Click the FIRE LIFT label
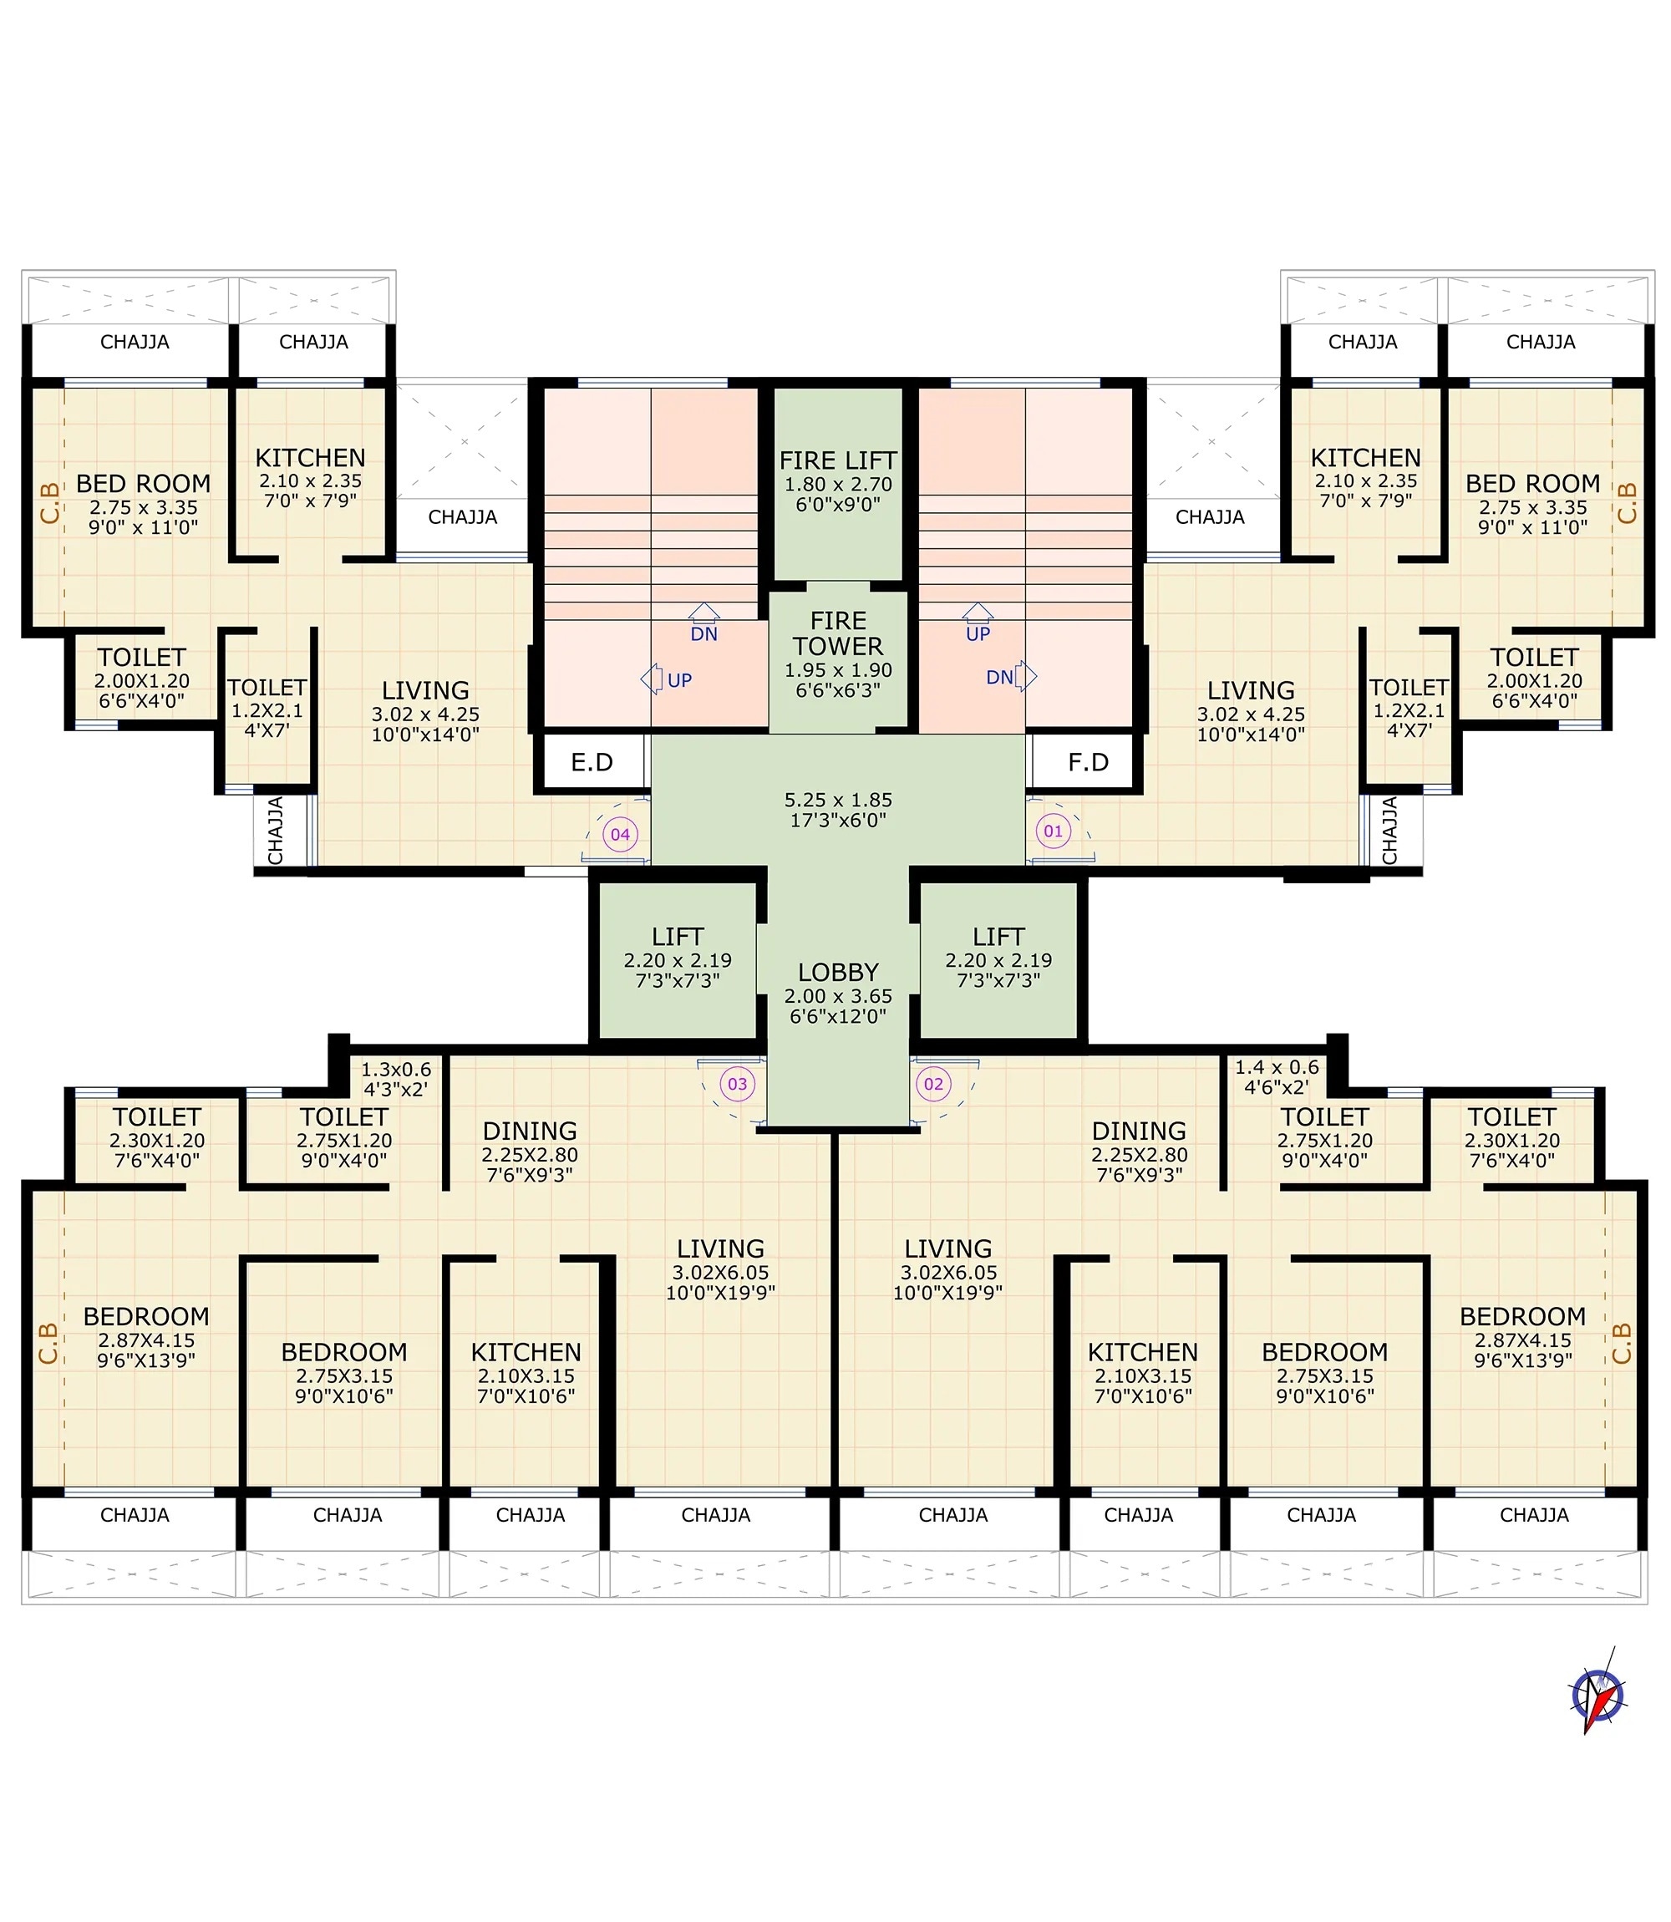(837, 460)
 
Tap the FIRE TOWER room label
(837, 633)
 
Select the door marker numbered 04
(620, 835)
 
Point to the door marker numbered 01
(1053, 831)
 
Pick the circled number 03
(737, 1084)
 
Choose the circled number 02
(933, 1084)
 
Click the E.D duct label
(592, 763)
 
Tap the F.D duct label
(1088, 763)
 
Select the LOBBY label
(837, 973)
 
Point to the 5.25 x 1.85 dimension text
(837, 800)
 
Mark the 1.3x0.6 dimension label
(396, 1070)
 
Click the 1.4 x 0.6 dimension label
(1277, 1067)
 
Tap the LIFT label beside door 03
(678, 938)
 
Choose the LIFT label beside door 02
(998, 938)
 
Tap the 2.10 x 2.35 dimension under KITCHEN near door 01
(1366, 481)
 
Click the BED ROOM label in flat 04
(143, 484)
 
